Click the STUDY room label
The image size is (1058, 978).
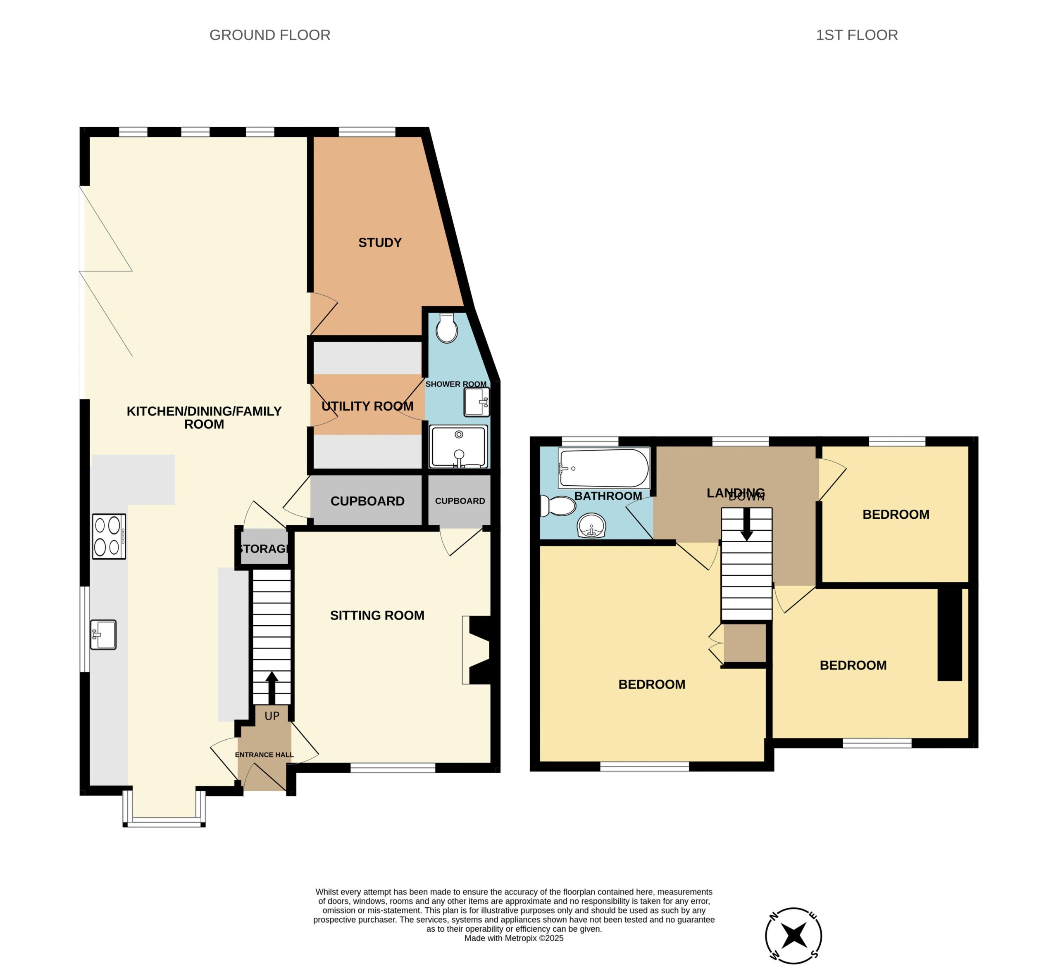pyautogui.click(x=380, y=243)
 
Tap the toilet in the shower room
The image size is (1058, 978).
pyautogui.click(x=447, y=328)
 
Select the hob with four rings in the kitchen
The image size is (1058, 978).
pyautogui.click(x=109, y=536)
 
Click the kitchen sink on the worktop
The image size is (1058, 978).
pyautogui.click(x=103, y=634)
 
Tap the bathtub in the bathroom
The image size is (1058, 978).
pyautogui.click(x=604, y=468)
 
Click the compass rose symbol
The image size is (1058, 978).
pyautogui.click(x=793, y=935)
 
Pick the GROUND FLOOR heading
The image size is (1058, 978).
pyautogui.click(x=270, y=35)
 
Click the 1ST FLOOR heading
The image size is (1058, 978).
pyautogui.click(x=857, y=35)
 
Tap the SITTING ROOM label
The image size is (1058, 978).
pyautogui.click(x=377, y=615)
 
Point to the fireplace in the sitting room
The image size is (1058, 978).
pyautogui.click(x=477, y=650)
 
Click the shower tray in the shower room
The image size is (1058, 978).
pyautogui.click(x=459, y=446)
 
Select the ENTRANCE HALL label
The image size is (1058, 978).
pyautogui.click(x=264, y=755)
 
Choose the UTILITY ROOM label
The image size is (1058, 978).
pyautogui.click(x=367, y=406)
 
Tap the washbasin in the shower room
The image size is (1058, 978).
pyautogui.click(x=477, y=402)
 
